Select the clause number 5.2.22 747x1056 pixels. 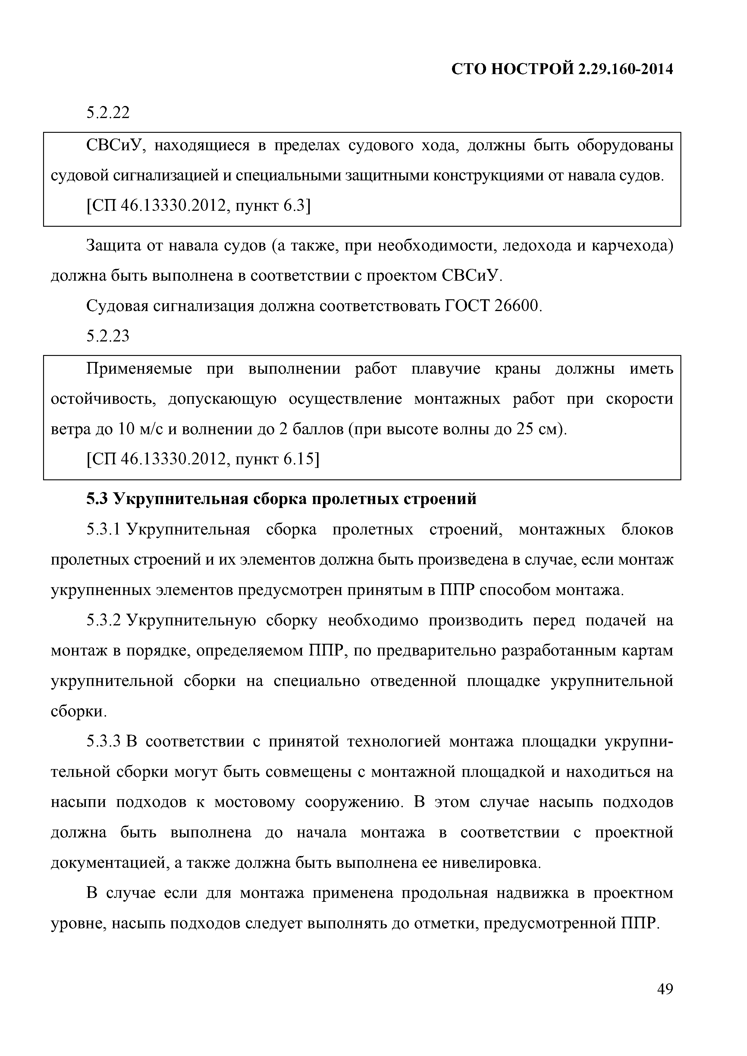pyautogui.click(x=108, y=112)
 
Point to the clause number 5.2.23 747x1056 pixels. pyautogui.click(x=108, y=336)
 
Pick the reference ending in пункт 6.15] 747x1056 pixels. pyautogui.click(x=202, y=459)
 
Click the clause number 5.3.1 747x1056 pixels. pyautogui.click(x=104, y=530)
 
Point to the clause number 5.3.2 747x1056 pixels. pyautogui.click(x=104, y=621)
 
